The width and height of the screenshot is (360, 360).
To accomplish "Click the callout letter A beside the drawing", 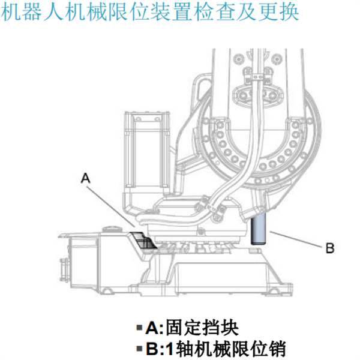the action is pyautogui.click(x=85, y=178).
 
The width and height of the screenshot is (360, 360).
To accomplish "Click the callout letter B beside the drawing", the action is pyautogui.click(x=330, y=248).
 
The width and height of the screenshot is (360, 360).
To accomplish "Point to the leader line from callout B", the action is pyautogui.click(x=296, y=239).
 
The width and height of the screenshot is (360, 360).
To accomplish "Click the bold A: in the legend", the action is pyautogui.click(x=155, y=328).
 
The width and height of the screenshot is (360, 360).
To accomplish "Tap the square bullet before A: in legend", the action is pyautogui.click(x=139, y=328).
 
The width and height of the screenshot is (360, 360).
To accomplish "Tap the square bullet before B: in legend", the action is pyautogui.click(x=139, y=349).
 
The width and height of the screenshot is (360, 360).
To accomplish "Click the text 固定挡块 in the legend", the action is pyautogui.click(x=202, y=328).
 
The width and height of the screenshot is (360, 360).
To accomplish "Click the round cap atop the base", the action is pyautogui.click(x=112, y=229).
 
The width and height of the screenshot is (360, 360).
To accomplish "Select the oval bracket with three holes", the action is pyautogui.click(x=257, y=95).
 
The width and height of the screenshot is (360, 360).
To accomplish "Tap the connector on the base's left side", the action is pyautogui.click(x=64, y=269).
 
